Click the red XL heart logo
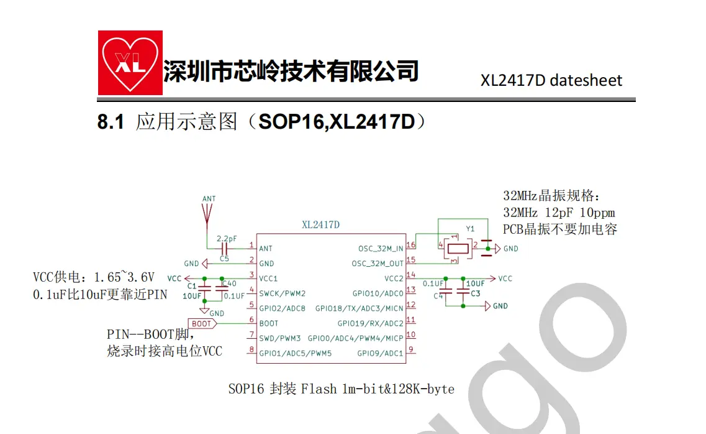[x=130, y=63]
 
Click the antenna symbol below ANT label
[x=207, y=215]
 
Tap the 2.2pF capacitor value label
[x=227, y=238]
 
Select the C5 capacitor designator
[x=224, y=259]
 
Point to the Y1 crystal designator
[x=470, y=229]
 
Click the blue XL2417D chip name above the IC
[x=320, y=224]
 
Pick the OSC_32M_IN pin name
[x=381, y=248]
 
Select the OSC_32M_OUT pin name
[x=378, y=264]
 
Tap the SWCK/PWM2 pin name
[x=283, y=293]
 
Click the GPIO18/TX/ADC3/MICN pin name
[x=360, y=308]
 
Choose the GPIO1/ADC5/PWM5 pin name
[x=296, y=353]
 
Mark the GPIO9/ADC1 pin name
[x=380, y=353]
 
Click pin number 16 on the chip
[x=410, y=245]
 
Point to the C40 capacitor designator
[x=229, y=284]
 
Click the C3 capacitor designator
[x=476, y=293]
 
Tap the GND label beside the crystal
[x=510, y=248]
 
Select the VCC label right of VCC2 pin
[x=505, y=279]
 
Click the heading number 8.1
[x=111, y=122]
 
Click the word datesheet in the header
[x=586, y=80]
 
